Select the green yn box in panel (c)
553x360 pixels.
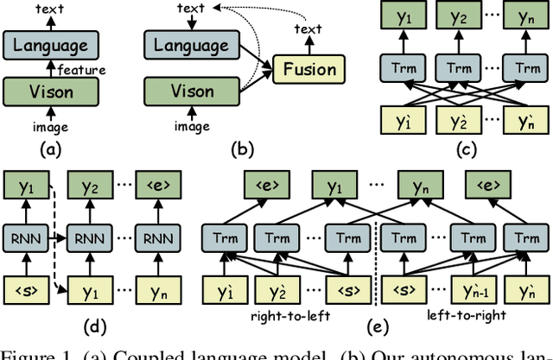[523, 17]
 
